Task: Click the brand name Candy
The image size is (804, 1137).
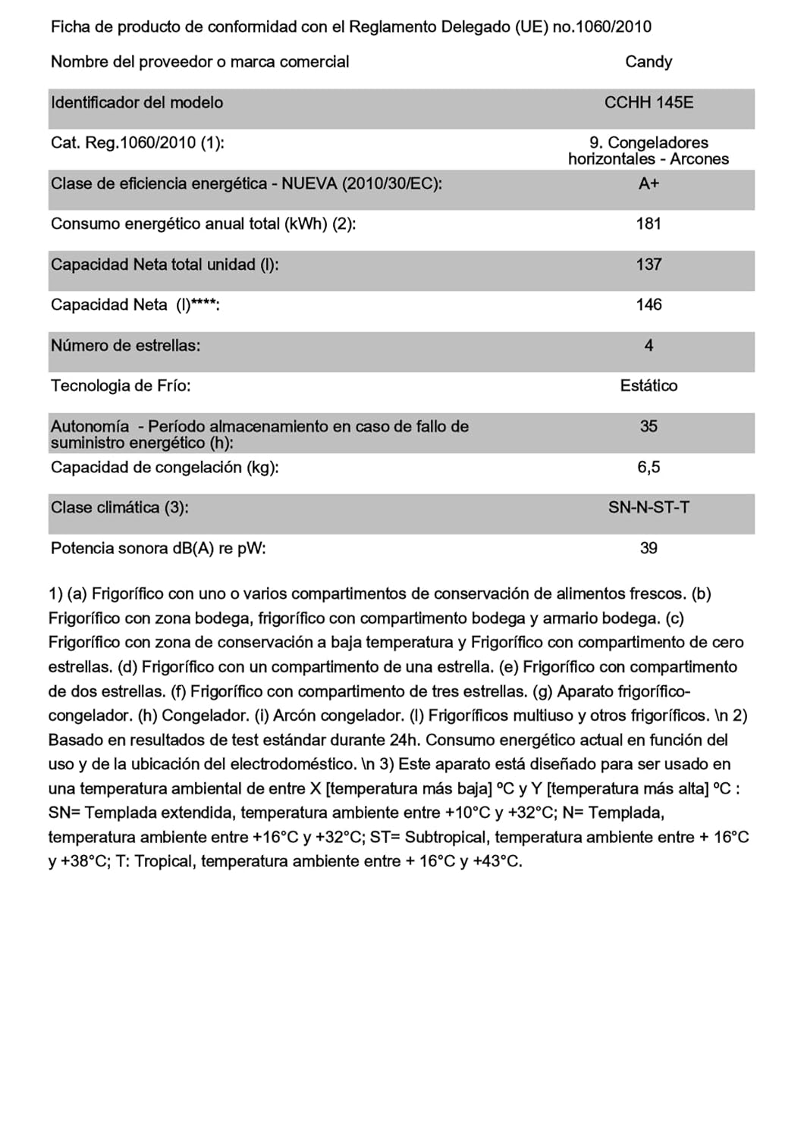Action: (x=649, y=62)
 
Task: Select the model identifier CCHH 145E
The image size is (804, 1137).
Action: (x=649, y=102)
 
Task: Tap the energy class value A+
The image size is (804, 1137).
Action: (x=649, y=183)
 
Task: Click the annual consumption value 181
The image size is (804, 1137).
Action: (x=649, y=224)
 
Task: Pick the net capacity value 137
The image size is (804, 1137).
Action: (x=649, y=265)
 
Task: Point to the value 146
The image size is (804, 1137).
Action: (x=649, y=305)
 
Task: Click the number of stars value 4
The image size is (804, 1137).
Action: (x=649, y=346)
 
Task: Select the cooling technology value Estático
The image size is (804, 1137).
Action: (x=649, y=386)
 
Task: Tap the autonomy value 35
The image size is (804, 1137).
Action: (x=649, y=426)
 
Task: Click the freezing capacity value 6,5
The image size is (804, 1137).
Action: (x=649, y=467)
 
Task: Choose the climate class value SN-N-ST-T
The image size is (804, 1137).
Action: (x=649, y=508)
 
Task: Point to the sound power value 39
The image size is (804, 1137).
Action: (x=649, y=548)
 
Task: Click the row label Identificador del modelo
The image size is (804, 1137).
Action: (x=137, y=102)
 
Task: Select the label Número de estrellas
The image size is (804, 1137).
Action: (x=125, y=346)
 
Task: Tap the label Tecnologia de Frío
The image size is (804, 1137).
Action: (x=121, y=386)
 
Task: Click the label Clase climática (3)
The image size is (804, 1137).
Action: (x=119, y=508)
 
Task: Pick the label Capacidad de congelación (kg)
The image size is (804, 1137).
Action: (x=165, y=467)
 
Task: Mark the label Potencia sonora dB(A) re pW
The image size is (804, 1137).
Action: (x=158, y=548)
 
